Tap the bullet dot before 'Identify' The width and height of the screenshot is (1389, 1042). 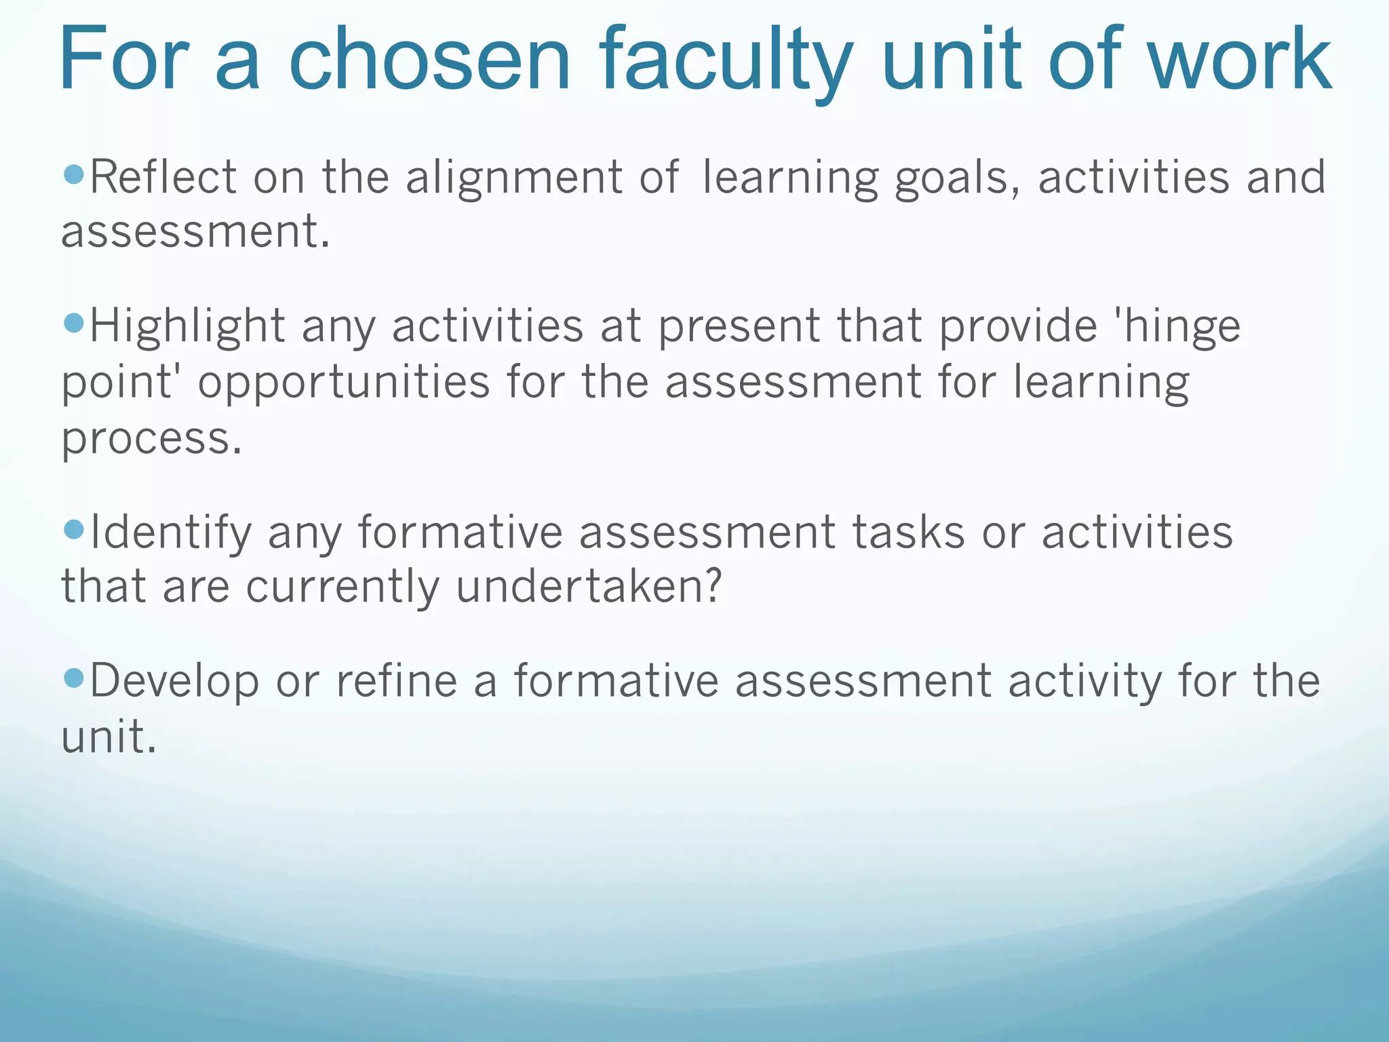tap(73, 529)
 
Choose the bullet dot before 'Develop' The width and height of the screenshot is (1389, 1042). tap(73, 677)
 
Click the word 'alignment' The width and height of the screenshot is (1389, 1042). tap(513, 178)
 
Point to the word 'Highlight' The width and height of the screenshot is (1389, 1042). tap(187, 326)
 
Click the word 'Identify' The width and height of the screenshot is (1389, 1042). tap(170, 533)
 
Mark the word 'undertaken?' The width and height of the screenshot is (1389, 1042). tap(589, 586)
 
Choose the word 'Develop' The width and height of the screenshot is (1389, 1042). tap(174, 681)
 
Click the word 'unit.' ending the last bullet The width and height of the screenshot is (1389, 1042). tap(109, 737)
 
